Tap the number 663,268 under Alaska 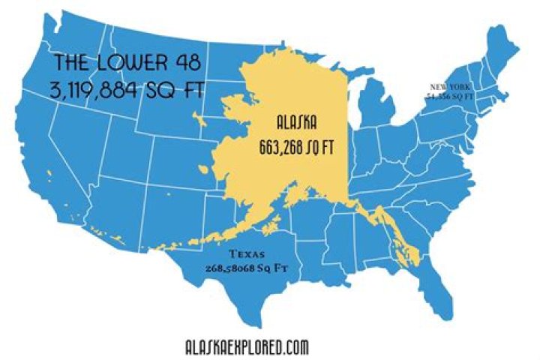(x=280, y=146)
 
